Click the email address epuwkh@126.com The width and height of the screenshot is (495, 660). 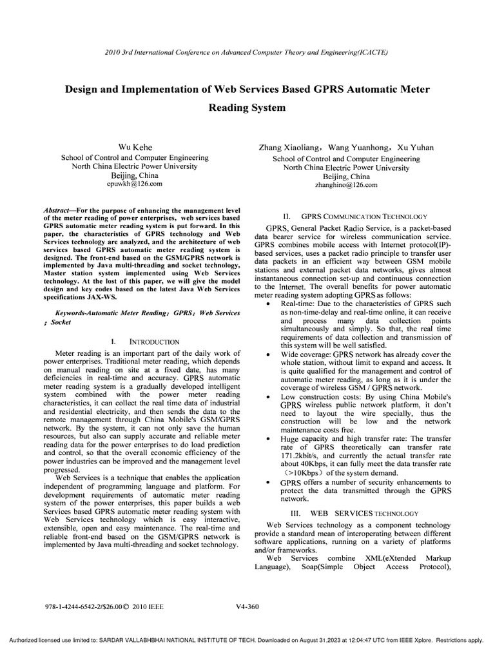[134, 184]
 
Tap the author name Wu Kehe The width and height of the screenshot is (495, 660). [135, 148]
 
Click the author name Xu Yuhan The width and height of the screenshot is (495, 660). [416, 148]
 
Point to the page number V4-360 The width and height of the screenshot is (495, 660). [247, 606]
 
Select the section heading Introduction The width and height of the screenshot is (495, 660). [155, 341]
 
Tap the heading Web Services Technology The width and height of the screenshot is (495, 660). [365, 513]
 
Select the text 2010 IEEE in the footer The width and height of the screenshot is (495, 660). [148, 607]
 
